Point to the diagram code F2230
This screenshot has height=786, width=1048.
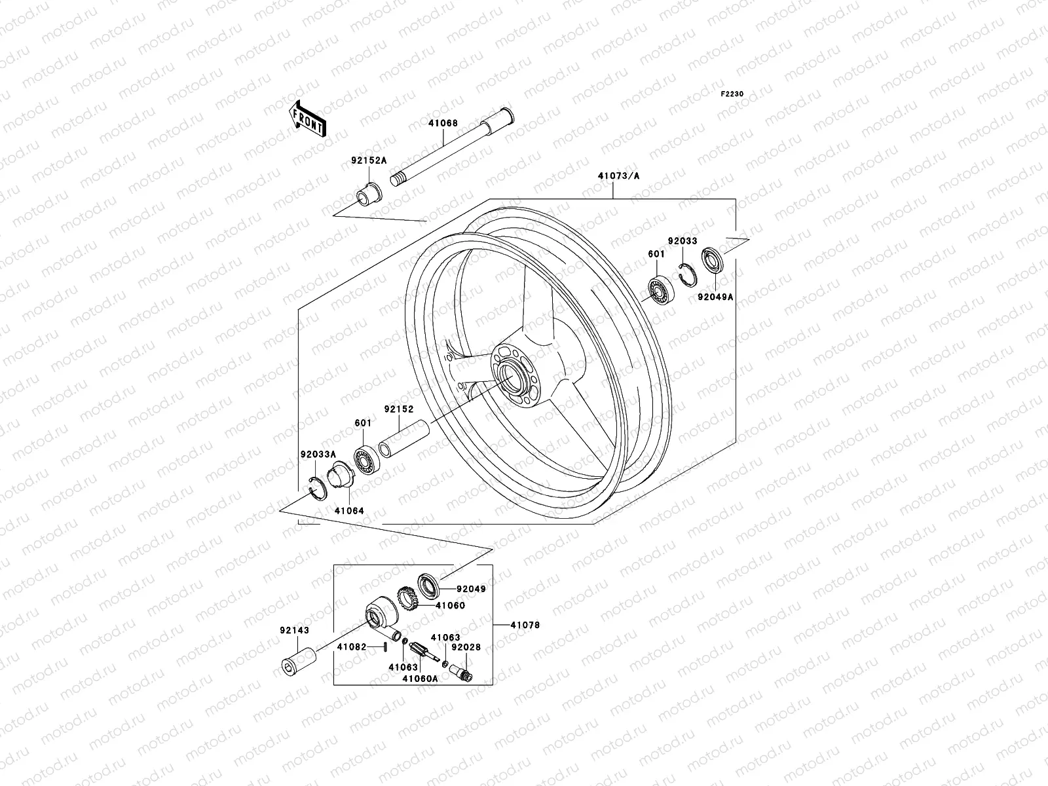pos(732,94)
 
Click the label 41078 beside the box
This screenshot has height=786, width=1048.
pos(526,626)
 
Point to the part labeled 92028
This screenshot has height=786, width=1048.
pos(462,671)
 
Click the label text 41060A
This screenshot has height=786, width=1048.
pos(421,678)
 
